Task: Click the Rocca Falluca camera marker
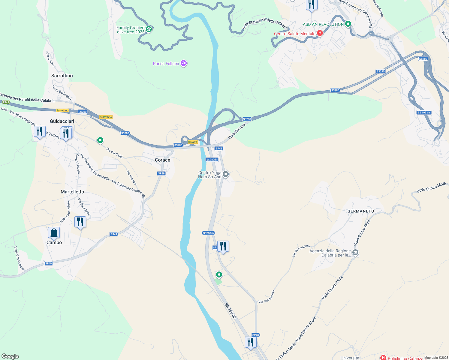coord(184,63)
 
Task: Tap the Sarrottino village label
coord(62,76)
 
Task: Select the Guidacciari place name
coord(62,121)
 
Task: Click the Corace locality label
coord(162,160)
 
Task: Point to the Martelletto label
coord(72,192)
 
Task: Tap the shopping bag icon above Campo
coord(54,233)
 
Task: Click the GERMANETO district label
coord(361,211)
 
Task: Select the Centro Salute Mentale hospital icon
coord(320,33)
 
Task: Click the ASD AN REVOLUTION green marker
coord(348,24)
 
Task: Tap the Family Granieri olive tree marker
coord(149,29)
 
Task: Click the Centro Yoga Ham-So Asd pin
coord(226,174)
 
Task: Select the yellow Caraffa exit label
coord(193,142)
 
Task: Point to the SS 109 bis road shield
coord(424,112)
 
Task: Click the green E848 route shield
coord(5,102)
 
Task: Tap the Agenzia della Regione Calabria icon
coord(355,253)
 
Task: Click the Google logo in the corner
coord(10,356)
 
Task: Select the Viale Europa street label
coord(237,131)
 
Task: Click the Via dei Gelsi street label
coord(114,153)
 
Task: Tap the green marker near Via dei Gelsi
coord(100,140)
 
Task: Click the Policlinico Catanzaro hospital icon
coord(383,358)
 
